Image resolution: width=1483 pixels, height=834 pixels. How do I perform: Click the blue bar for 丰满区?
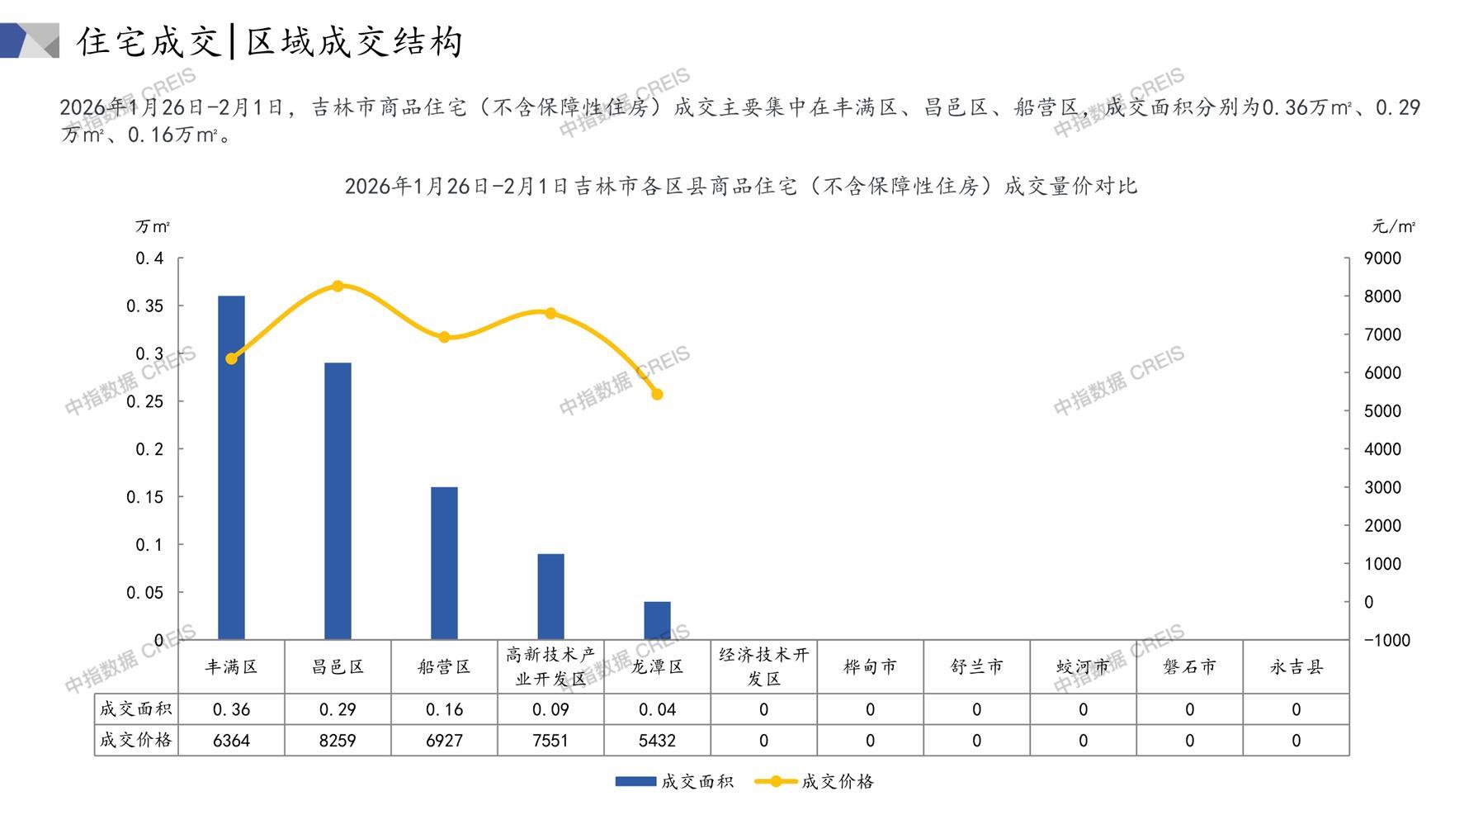click(x=231, y=467)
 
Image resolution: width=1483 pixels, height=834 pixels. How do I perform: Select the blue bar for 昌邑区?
click(x=338, y=500)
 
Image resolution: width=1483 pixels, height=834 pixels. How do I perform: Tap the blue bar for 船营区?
click(x=444, y=563)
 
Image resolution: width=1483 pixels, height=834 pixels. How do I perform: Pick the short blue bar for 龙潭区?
click(x=657, y=620)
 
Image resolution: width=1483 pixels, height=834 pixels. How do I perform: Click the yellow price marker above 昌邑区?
click(x=338, y=287)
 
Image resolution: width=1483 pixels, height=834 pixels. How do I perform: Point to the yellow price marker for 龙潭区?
click(x=657, y=395)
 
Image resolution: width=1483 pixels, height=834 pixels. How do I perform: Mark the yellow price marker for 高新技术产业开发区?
click(x=550, y=314)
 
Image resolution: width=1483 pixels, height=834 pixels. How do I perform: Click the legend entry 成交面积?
click(x=674, y=781)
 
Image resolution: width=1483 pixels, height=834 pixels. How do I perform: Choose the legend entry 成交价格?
click(x=815, y=781)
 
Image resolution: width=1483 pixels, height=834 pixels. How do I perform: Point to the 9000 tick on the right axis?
click(x=1382, y=258)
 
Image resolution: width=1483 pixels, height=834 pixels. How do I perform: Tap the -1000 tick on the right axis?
click(x=1386, y=640)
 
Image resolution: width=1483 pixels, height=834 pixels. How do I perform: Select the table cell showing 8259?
click(x=338, y=741)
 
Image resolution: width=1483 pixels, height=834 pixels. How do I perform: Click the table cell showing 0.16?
click(x=444, y=709)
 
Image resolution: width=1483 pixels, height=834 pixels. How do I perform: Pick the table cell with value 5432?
click(x=657, y=741)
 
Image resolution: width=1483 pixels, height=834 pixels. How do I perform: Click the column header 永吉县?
click(x=1296, y=667)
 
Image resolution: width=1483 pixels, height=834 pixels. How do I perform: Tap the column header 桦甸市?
click(x=870, y=667)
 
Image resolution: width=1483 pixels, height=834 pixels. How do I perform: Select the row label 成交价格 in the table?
click(x=136, y=741)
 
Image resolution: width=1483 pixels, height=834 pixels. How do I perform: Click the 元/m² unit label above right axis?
click(x=1393, y=226)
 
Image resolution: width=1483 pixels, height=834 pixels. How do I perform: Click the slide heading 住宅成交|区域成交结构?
click(x=269, y=41)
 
